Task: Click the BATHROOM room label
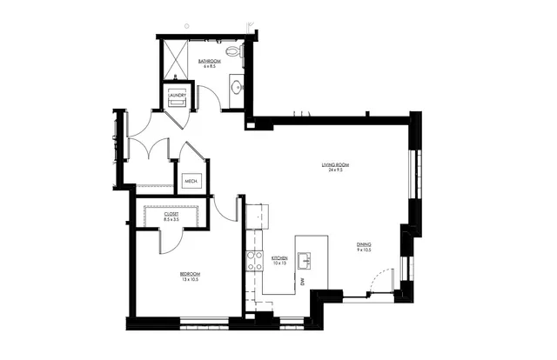tap(208, 60)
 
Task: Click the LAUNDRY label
tap(178, 95)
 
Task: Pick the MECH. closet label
tap(191, 181)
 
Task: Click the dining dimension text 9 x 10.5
tap(364, 250)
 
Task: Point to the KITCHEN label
tap(280, 257)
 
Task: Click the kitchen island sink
tap(305, 259)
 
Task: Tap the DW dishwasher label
tap(302, 282)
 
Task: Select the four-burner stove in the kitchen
tap(255, 259)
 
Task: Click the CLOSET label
tap(171, 214)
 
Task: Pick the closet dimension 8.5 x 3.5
tap(171, 220)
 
